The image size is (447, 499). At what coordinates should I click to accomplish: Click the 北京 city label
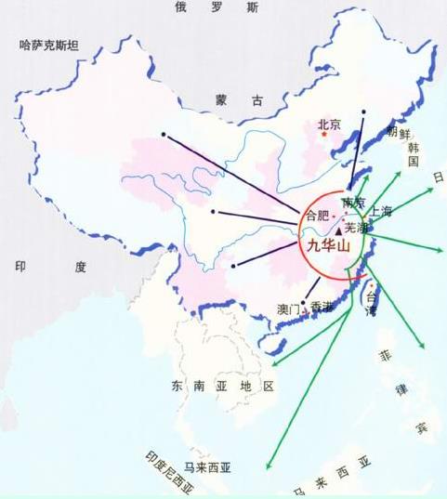(x=330, y=123)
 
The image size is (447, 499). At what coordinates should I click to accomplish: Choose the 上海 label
(x=381, y=211)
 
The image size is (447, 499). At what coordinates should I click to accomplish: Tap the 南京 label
(x=352, y=202)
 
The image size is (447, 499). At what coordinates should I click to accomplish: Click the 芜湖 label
(x=356, y=227)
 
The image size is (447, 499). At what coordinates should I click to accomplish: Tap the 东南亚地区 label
(x=219, y=385)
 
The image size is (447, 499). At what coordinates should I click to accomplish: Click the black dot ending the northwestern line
(x=164, y=134)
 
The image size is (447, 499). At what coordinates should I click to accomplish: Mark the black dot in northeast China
(x=364, y=113)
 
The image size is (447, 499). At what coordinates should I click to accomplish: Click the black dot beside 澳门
(x=304, y=303)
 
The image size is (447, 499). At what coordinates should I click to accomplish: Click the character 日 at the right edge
(x=438, y=177)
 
